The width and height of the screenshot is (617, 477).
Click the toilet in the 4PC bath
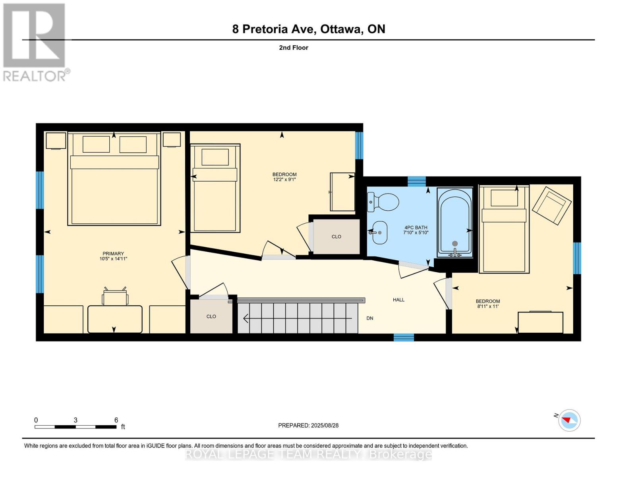tap(383, 202)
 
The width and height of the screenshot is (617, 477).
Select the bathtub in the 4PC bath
tap(455, 222)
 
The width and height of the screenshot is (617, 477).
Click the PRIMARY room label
tap(113, 254)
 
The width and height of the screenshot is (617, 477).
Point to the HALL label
tap(398, 300)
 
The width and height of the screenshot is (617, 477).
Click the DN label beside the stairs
tap(370, 318)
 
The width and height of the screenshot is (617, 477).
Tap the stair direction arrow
tap(298, 318)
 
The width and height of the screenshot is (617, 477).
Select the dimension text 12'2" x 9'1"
tap(284, 180)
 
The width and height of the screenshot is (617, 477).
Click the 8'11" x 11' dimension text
tap(488, 306)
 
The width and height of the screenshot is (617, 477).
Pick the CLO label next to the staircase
tap(211, 316)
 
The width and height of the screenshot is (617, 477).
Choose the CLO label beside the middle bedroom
tap(336, 237)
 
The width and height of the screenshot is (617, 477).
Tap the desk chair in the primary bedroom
tap(115, 297)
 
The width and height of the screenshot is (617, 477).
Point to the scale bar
tap(75, 427)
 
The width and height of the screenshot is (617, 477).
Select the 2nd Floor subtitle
tap(294, 48)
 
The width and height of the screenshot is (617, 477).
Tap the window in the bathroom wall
tap(416, 181)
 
